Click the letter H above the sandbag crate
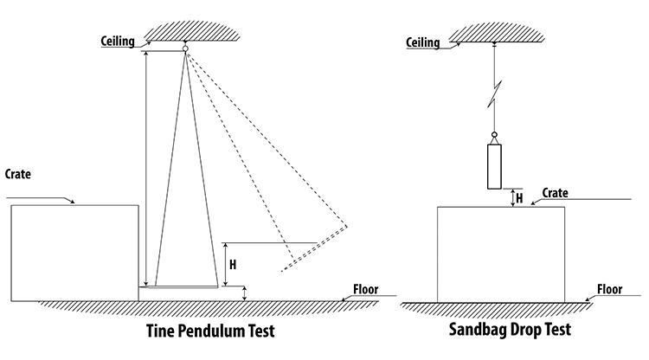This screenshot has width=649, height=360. point(519,198)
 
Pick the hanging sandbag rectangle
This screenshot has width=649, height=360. point(495,167)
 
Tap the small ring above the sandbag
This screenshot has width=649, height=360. point(495,135)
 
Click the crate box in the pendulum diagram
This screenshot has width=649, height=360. point(74,253)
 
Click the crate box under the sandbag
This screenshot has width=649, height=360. point(501,254)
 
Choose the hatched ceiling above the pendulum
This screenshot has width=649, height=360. point(184,32)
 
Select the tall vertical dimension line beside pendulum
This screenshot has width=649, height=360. point(146,169)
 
